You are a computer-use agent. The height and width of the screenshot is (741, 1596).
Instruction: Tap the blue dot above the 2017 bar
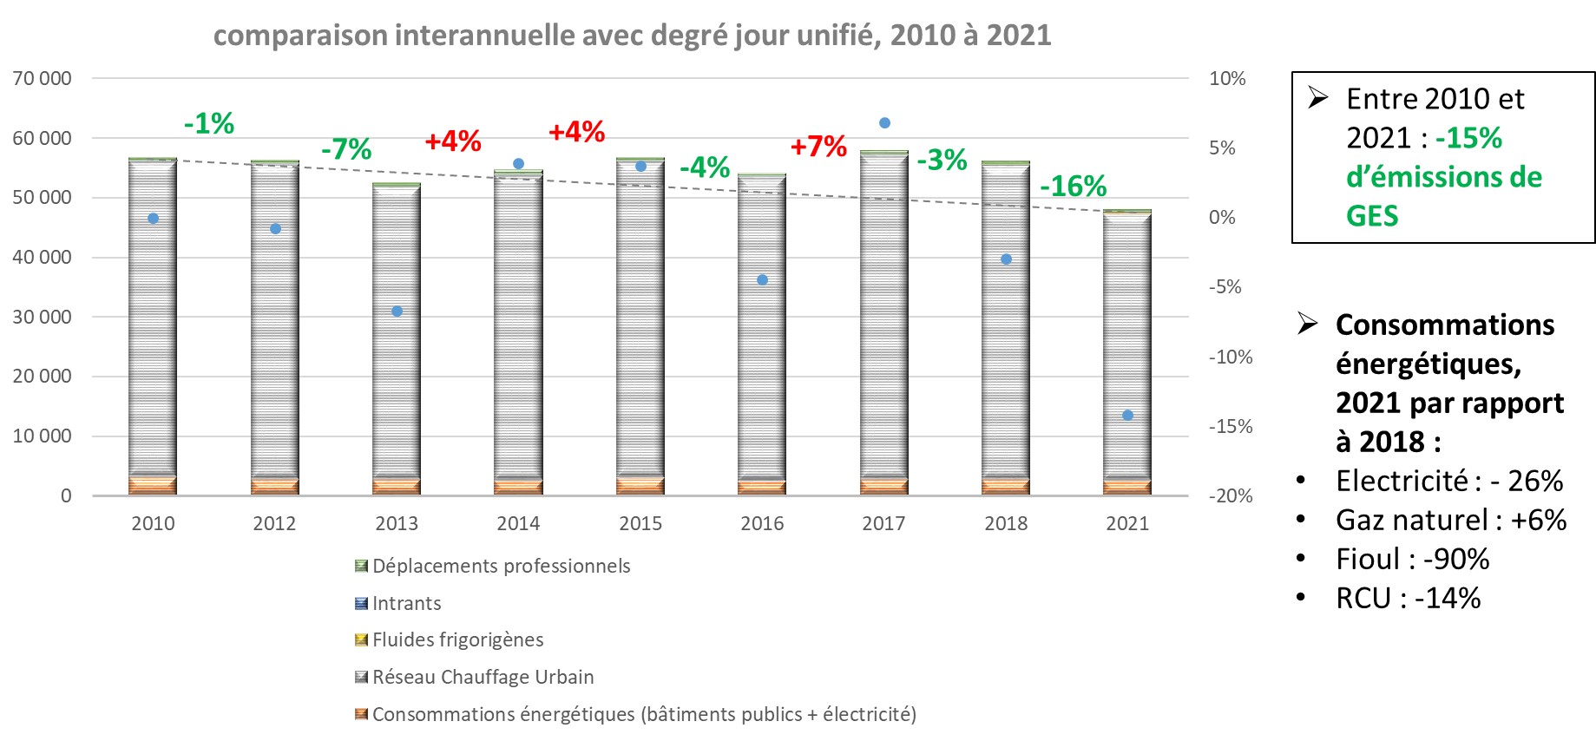(884, 123)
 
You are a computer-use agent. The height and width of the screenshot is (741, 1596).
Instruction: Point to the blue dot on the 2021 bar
(1127, 416)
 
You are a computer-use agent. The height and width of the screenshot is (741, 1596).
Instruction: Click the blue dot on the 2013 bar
(397, 311)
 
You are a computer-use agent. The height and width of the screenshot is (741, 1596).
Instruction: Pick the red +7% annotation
(818, 147)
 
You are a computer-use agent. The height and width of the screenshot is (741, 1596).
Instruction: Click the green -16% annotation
(1073, 186)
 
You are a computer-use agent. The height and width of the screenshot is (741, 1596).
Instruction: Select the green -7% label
(346, 150)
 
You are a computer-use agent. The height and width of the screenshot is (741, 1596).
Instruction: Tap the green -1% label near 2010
(209, 124)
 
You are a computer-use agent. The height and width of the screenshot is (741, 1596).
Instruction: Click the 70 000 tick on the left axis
(42, 79)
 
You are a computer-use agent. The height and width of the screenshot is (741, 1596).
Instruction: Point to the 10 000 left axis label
(42, 436)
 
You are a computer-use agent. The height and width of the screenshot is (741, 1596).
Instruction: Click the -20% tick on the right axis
(1231, 496)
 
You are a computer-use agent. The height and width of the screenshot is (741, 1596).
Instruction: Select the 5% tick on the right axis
(1222, 148)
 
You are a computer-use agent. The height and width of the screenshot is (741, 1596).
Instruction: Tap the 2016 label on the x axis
(762, 523)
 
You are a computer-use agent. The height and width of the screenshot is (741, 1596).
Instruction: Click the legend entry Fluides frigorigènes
(457, 640)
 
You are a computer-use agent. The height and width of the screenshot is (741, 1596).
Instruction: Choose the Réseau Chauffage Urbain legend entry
(483, 677)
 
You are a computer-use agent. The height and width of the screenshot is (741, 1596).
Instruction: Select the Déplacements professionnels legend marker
(361, 567)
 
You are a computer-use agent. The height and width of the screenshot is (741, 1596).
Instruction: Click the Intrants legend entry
(406, 603)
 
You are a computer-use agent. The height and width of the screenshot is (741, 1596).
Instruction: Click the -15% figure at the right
(1468, 139)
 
